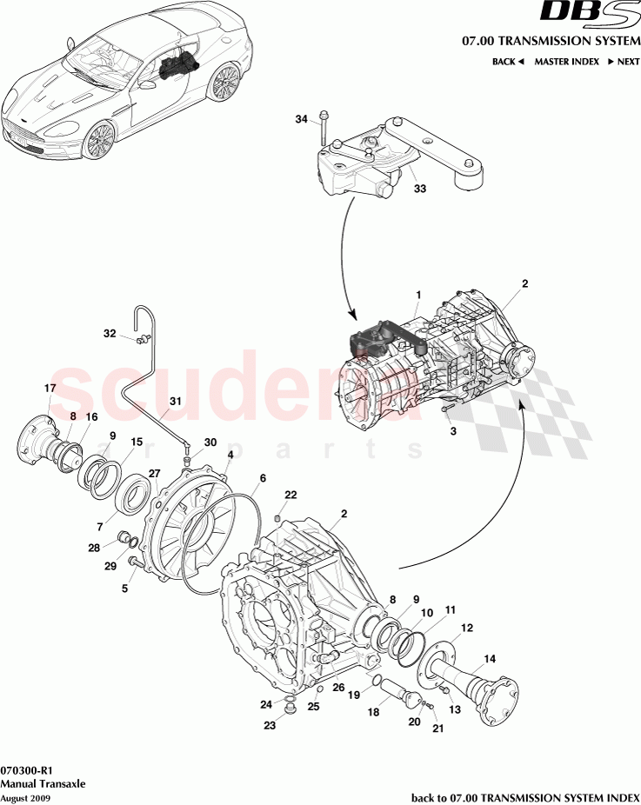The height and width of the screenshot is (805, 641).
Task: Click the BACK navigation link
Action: coord(507,62)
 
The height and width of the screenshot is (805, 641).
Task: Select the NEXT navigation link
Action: coord(624,62)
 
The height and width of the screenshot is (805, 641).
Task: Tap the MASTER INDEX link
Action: coord(565,62)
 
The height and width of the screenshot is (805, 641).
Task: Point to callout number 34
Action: coord(301,119)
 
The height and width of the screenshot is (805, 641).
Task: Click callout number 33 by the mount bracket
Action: coord(419,188)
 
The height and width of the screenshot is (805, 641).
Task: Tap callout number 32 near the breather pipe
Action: coord(110,333)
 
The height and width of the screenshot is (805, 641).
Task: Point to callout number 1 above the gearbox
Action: coord(418,294)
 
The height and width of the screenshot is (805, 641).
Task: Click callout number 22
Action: coord(290,495)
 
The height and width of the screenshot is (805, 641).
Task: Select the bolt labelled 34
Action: coord(324,130)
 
